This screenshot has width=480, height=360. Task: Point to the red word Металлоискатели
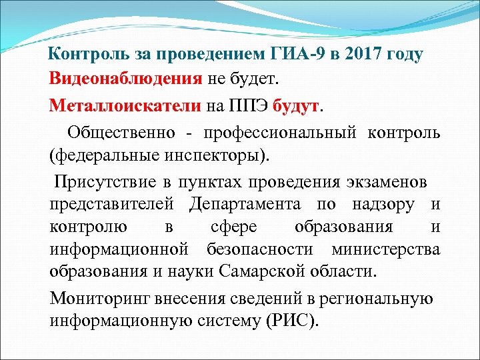[x=125, y=105]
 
